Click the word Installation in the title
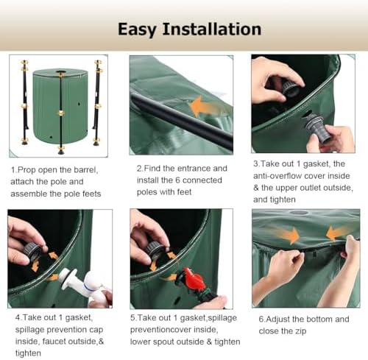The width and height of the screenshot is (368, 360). pos(212,29)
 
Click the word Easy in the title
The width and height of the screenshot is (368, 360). pos(137,30)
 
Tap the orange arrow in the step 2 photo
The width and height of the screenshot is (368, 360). pos(205,107)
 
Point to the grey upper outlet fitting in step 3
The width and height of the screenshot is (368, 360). pos(317,128)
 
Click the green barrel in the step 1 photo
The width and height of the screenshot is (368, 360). pos(60,106)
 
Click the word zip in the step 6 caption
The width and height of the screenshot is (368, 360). pos(300,331)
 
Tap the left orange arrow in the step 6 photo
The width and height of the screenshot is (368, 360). pos(289,234)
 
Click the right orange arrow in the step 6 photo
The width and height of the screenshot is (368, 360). pos(337,233)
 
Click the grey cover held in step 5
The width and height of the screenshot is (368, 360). pos(155,250)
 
